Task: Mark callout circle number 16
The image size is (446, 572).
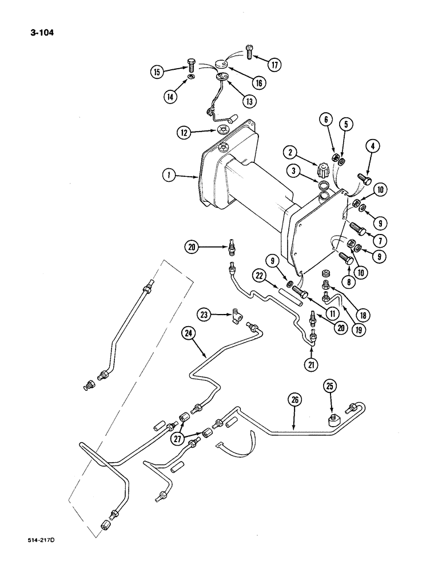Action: pyautogui.click(x=259, y=83)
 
